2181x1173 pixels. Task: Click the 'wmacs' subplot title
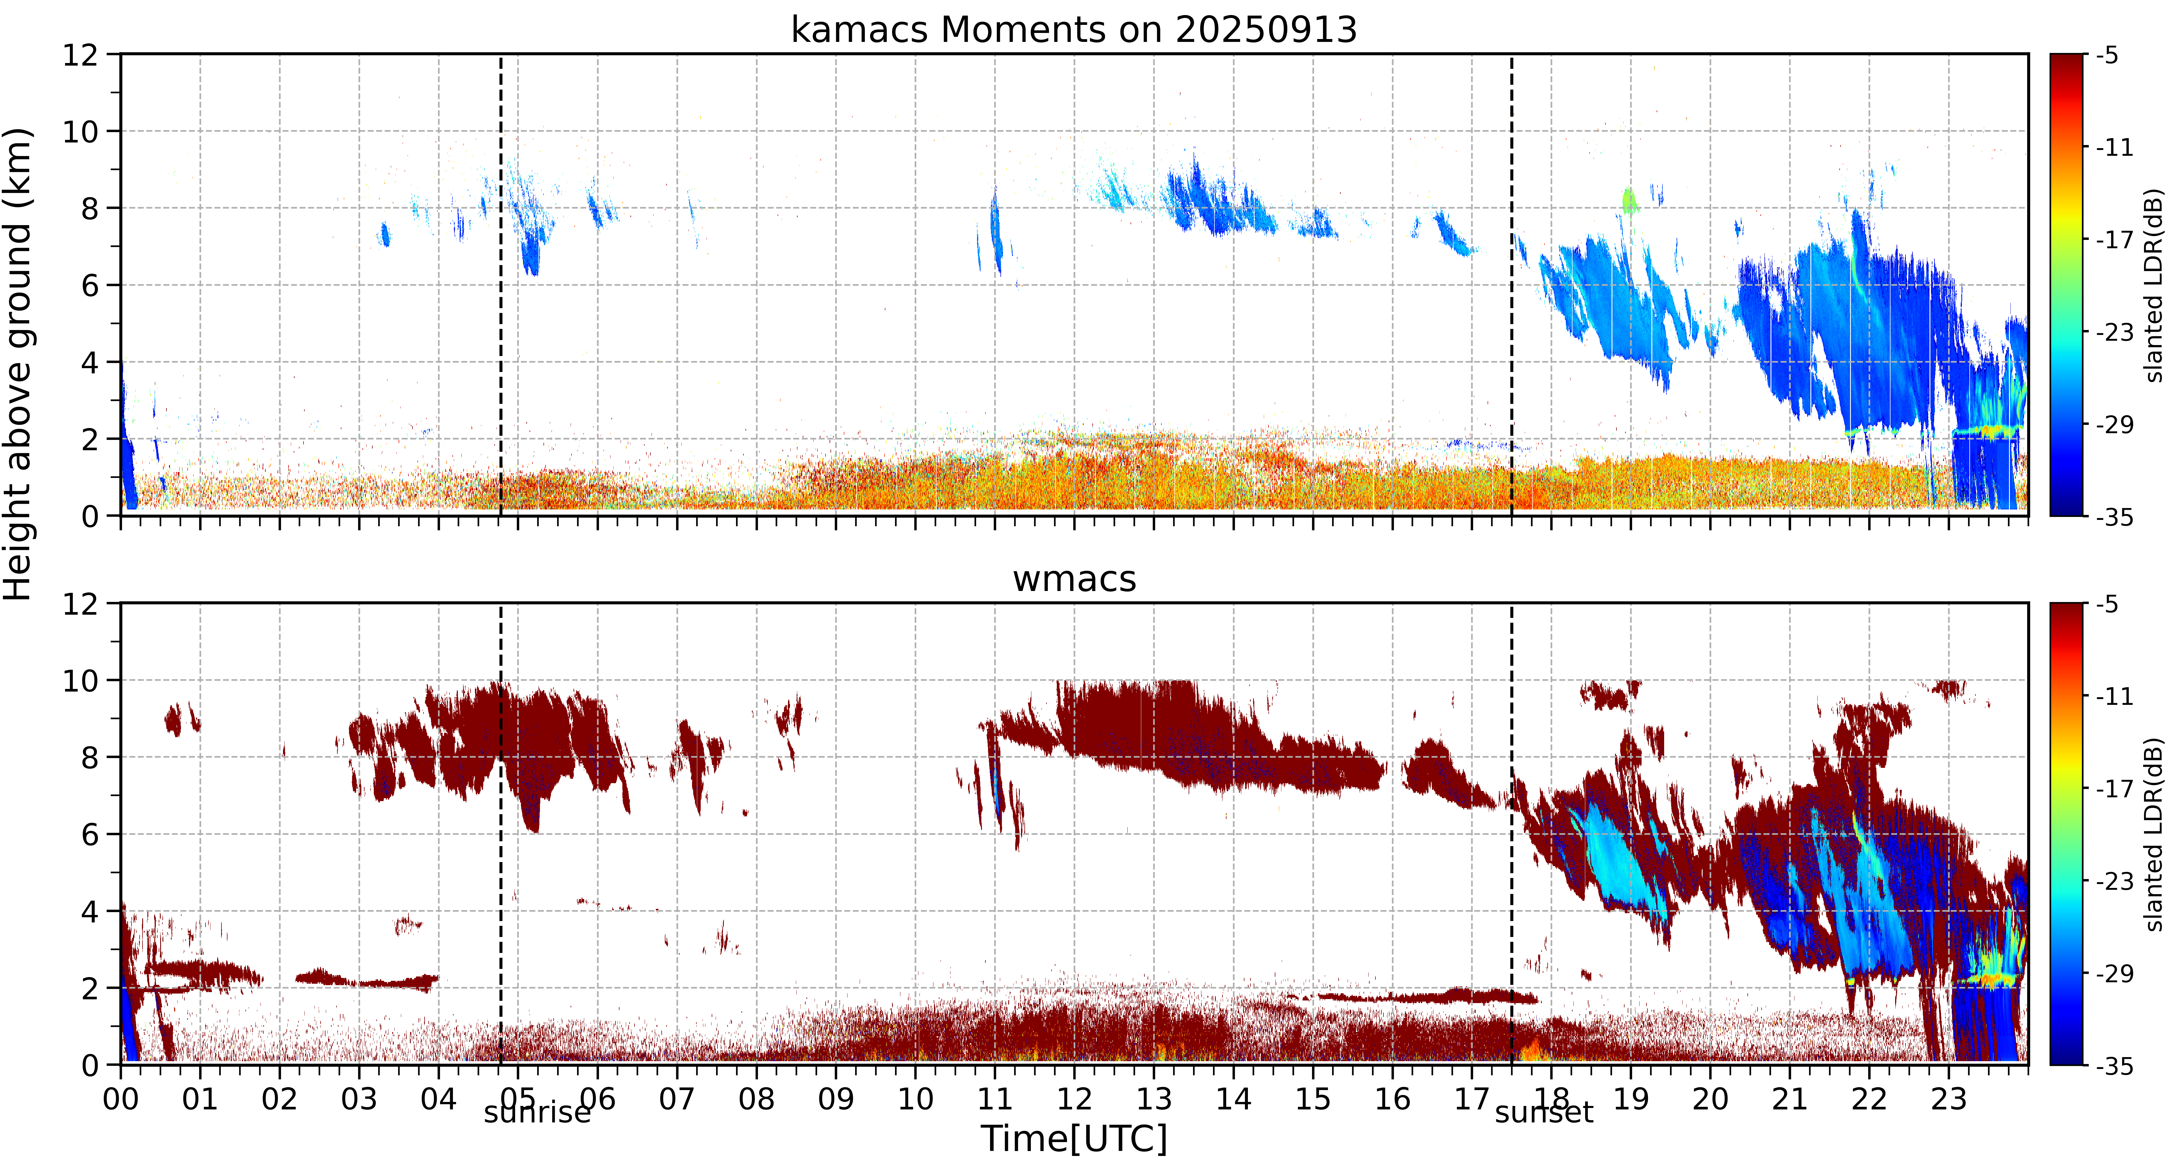click(1074, 580)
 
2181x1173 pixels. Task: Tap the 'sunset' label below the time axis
click(1544, 1113)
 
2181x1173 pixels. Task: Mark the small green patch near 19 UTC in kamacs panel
click(1629, 201)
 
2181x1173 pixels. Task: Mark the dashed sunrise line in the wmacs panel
click(500, 834)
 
